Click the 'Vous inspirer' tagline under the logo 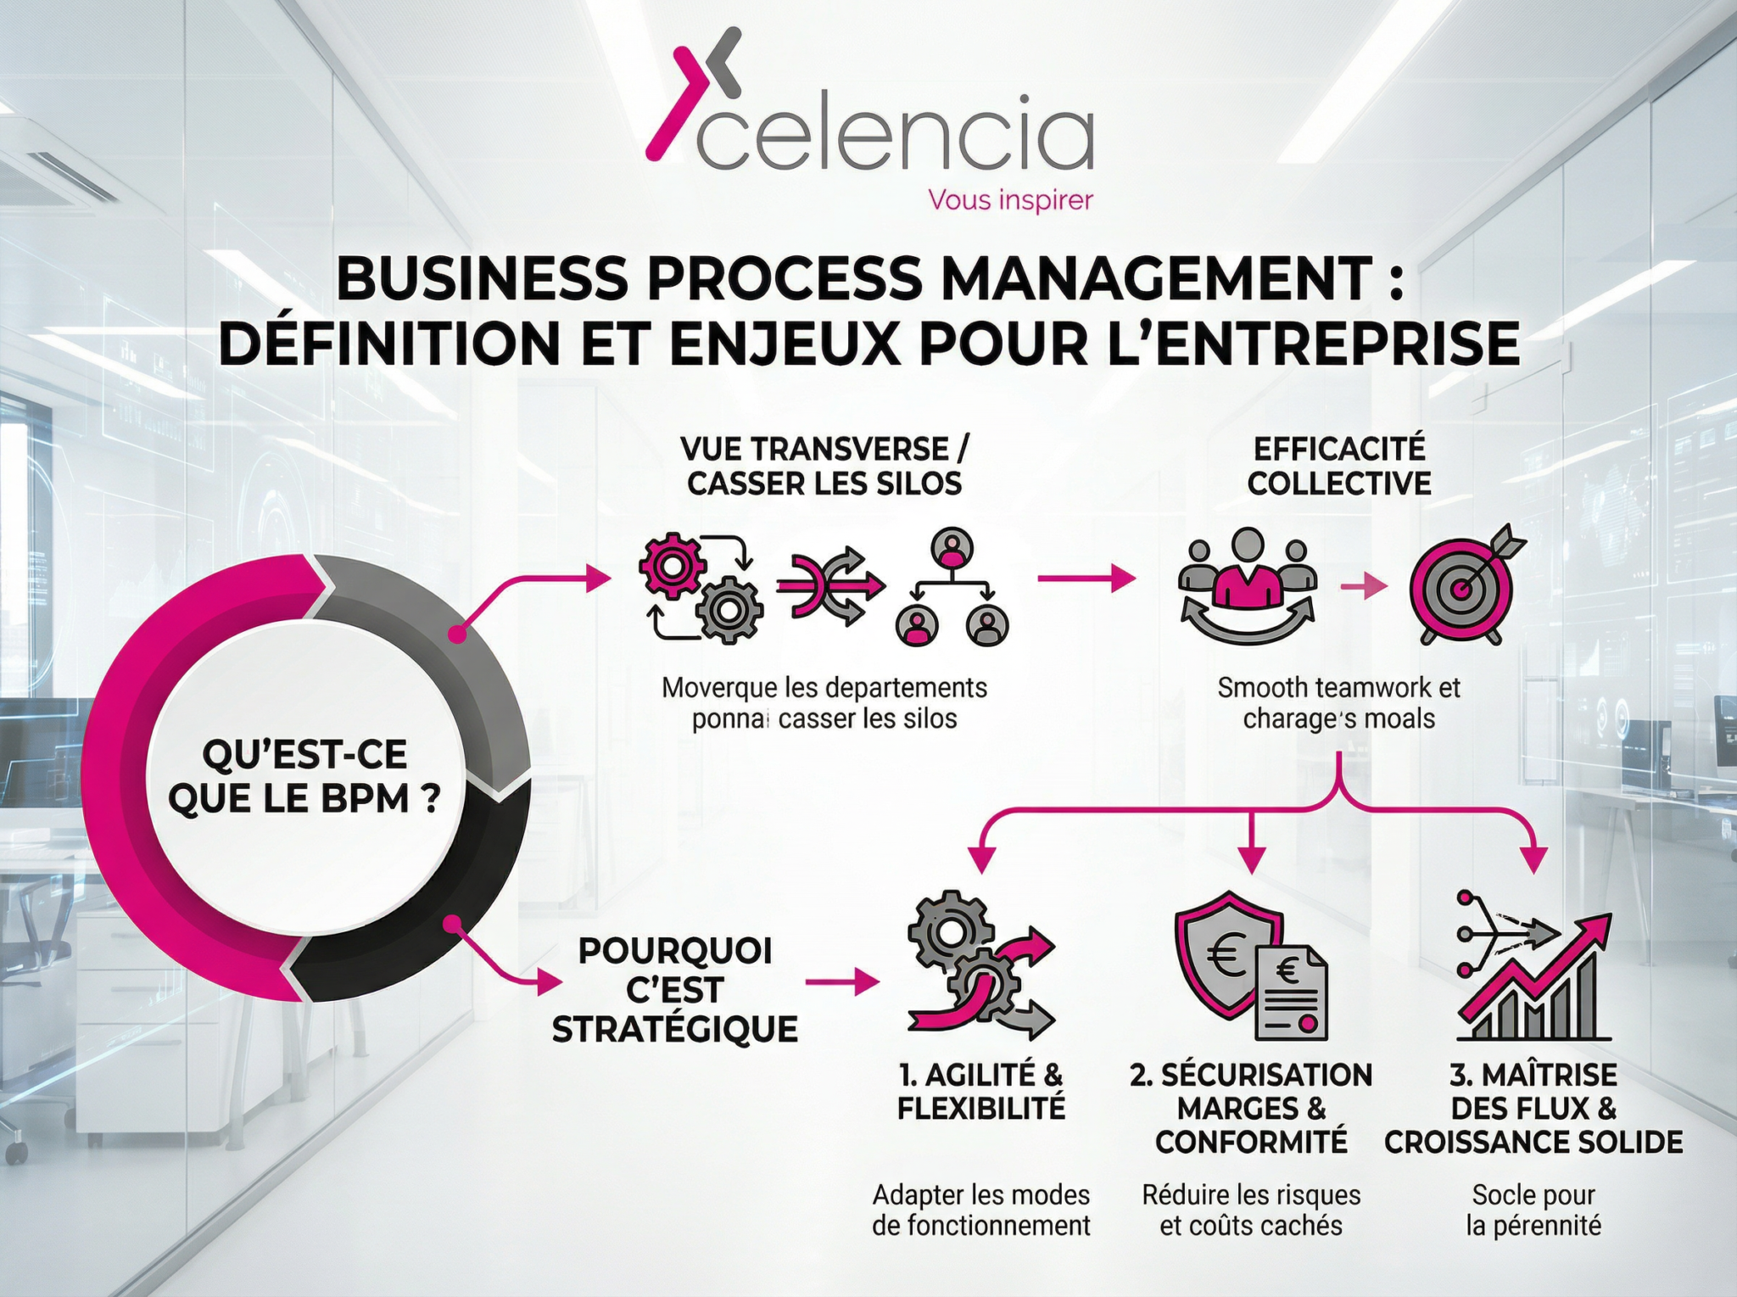tap(1010, 201)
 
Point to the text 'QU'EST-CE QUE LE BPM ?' tap(305, 776)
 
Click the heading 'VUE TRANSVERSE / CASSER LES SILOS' tap(824, 466)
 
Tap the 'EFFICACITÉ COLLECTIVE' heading tap(1339, 466)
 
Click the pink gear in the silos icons tap(671, 566)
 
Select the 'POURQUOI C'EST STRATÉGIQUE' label tap(675, 990)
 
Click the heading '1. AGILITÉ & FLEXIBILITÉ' tap(981, 1092)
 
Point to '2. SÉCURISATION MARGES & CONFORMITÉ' tap(1251, 1109)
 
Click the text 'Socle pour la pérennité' tap(1533, 1210)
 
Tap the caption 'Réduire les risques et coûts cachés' tap(1251, 1210)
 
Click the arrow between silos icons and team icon tap(1086, 579)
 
